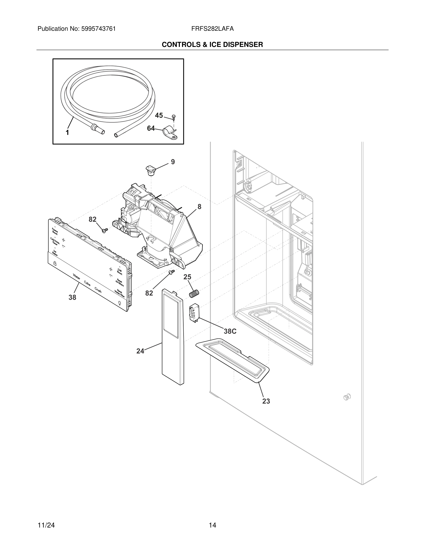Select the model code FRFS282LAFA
212,29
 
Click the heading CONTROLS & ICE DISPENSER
212,45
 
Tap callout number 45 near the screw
159,115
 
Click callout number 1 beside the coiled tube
67,133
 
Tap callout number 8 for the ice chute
199,207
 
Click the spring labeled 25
194,293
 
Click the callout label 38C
230,331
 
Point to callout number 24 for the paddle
140,351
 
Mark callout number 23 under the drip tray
266,401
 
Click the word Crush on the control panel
98,290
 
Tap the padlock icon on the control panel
55,263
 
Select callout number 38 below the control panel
72,297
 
